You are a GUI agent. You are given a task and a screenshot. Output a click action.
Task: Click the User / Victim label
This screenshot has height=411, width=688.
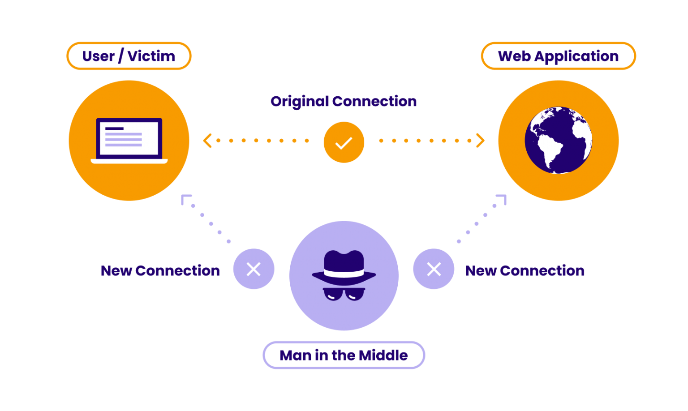coord(129,56)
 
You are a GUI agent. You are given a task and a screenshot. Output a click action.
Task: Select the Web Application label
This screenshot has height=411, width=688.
coord(558,56)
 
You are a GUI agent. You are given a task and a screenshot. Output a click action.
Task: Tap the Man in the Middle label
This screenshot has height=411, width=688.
coord(344,355)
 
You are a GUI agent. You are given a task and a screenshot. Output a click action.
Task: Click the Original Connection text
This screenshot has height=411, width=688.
coord(344,101)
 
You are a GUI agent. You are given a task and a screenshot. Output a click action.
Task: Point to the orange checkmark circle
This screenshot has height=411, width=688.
coord(344,142)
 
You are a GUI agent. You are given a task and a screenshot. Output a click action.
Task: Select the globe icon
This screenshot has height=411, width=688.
coord(558,140)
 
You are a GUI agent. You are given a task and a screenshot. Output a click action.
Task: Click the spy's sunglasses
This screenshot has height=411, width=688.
coord(344,294)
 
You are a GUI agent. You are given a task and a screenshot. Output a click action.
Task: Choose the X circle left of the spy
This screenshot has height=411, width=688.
coord(254,269)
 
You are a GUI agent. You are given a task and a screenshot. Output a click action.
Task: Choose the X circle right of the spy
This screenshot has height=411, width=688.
coord(434,269)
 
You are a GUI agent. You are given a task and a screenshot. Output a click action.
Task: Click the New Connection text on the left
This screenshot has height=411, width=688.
coord(160,270)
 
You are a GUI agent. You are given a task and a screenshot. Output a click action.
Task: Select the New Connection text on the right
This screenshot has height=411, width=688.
coord(525,270)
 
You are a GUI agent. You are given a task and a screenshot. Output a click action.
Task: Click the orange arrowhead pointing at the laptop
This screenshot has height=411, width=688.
coord(207,141)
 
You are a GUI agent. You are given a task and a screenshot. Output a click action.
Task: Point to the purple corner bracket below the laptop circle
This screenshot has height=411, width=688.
coord(185,199)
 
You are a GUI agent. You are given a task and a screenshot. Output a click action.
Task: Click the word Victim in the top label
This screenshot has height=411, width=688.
coord(151,56)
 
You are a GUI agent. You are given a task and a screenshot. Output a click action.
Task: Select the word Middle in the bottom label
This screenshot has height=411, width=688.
coord(383,355)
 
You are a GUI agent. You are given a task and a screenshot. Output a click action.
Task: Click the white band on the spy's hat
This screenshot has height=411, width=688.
coord(344,273)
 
